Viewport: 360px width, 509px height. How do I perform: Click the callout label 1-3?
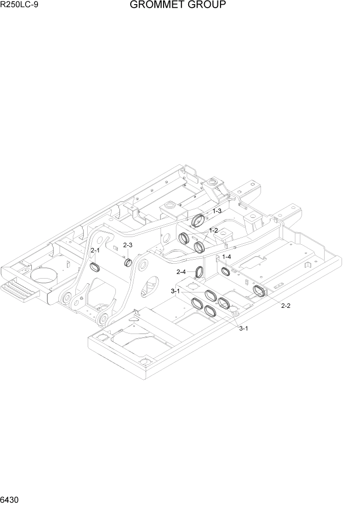pyautogui.click(x=217, y=211)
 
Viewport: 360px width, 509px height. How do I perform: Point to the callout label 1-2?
pyautogui.click(x=212, y=230)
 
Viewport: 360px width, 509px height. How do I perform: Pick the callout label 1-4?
pyautogui.click(x=226, y=257)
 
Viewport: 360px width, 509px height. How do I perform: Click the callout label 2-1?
pyautogui.click(x=95, y=250)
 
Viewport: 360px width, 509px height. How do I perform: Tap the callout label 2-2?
pyautogui.click(x=286, y=306)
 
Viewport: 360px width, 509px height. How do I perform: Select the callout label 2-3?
pyautogui.click(x=128, y=245)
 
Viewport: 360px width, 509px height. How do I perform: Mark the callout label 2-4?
pyautogui.click(x=182, y=271)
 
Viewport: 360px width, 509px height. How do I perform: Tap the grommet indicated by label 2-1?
pyautogui.click(x=94, y=267)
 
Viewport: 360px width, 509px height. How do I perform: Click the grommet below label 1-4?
pyautogui.click(x=225, y=270)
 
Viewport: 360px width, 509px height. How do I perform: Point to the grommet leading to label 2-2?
pyautogui.click(x=260, y=291)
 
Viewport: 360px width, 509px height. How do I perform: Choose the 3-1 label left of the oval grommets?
pyautogui.click(x=175, y=291)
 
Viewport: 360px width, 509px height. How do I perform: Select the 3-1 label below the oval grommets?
pyautogui.click(x=244, y=328)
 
